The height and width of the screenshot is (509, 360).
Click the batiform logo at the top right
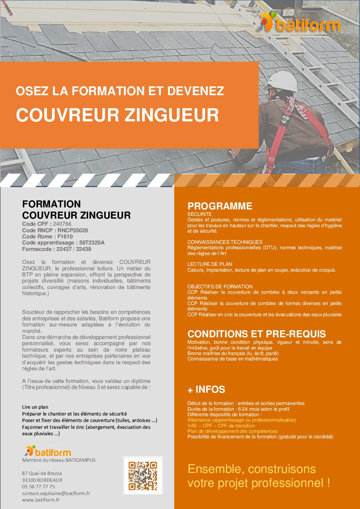tap(300, 23)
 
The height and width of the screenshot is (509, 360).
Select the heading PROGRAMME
tap(220, 206)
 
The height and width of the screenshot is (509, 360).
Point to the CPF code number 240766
tap(62, 224)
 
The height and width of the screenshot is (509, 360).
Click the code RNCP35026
tap(73, 230)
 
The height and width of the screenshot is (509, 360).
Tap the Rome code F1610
tap(65, 236)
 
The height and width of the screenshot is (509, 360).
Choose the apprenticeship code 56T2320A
tap(92, 242)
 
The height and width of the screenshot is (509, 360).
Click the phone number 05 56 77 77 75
tap(38, 487)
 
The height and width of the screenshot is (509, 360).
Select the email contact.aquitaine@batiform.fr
tap(56, 493)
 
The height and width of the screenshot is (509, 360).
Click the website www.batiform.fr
tap(41, 500)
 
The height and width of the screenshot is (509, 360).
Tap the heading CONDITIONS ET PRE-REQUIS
tap(257, 334)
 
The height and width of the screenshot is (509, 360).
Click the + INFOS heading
tap(206, 389)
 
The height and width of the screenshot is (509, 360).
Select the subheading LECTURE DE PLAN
tap(210, 264)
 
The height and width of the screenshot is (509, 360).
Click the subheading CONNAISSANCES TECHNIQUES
tap(225, 242)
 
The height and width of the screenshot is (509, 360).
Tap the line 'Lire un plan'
tap(35, 407)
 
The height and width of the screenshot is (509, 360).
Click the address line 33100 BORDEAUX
tap(42, 480)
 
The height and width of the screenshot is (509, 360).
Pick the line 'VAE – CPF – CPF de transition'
tap(221, 426)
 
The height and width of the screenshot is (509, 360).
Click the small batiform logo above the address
tap(48, 451)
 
